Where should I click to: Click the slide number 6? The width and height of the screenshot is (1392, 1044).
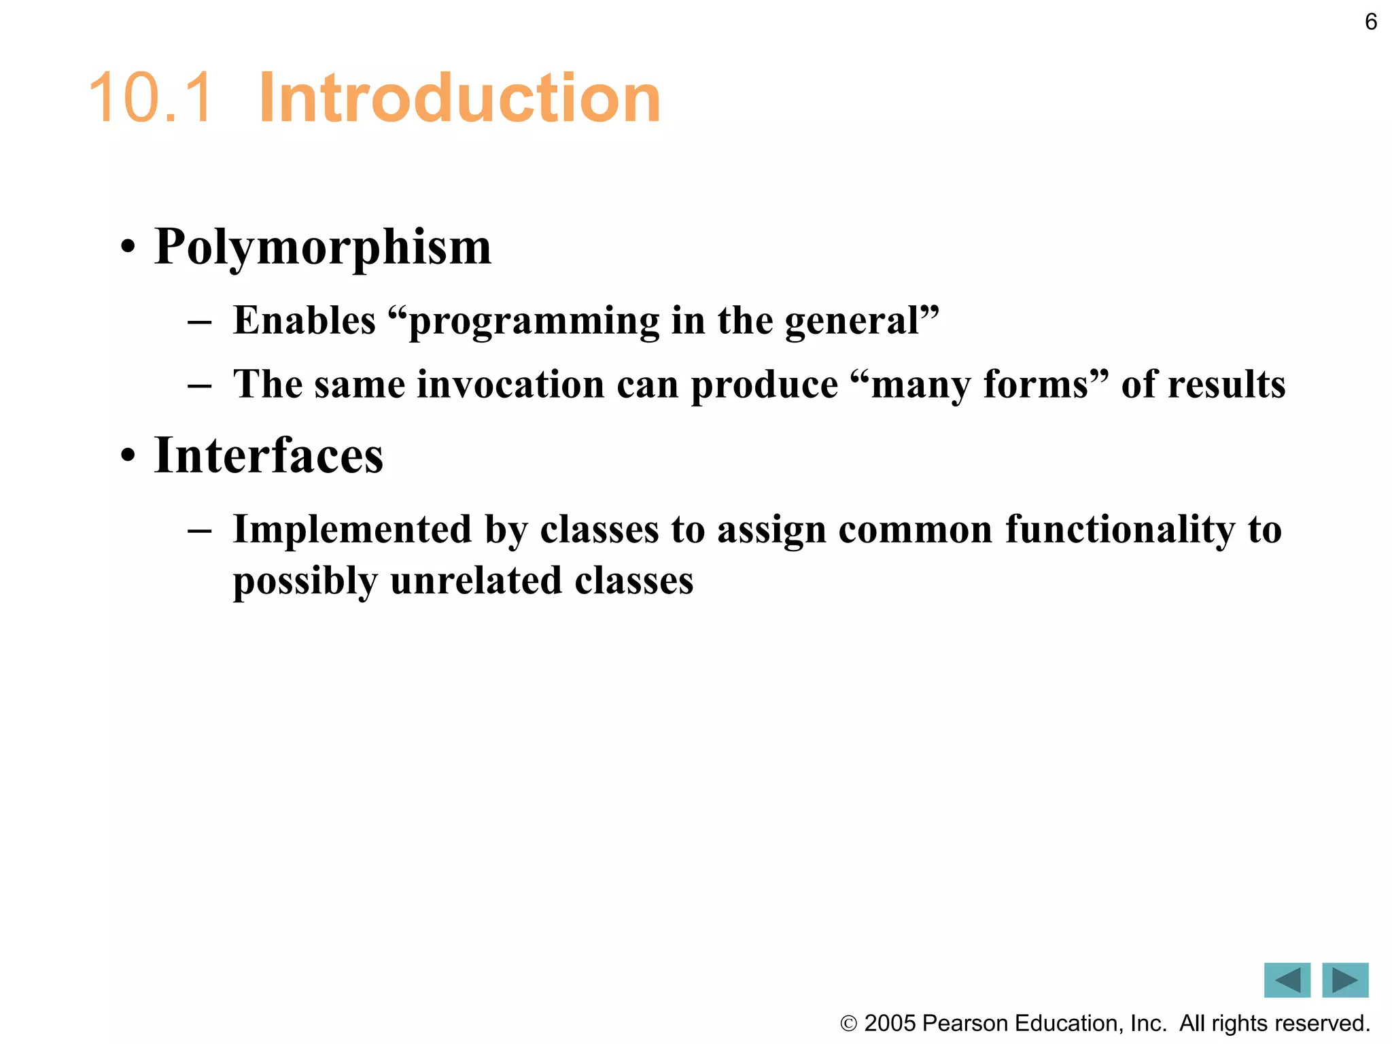pyautogui.click(x=1371, y=22)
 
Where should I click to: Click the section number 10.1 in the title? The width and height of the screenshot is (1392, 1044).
pyautogui.click(x=150, y=99)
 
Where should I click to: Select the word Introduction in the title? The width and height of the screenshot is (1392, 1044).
pyautogui.click(x=459, y=99)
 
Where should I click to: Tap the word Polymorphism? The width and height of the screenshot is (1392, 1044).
pyautogui.click(x=322, y=247)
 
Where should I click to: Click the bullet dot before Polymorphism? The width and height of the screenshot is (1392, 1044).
pyautogui.click(x=128, y=248)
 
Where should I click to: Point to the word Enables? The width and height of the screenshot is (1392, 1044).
pyautogui.click(x=304, y=320)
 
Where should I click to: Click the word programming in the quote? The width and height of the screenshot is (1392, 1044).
pyautogui.click(x=534, y=321)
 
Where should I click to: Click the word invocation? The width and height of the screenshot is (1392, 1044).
pyautogui.click(x=510, y=384)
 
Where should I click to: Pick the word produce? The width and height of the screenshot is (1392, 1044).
pyautogui.click(x=765, y=385)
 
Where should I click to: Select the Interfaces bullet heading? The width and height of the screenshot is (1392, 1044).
pyautogui.click(x=268, y=455)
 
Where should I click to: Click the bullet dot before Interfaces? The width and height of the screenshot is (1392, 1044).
pyautogui.click(x=128, y=457)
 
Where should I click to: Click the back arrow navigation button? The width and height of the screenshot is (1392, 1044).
pyautogui.click(x=1287, y=980)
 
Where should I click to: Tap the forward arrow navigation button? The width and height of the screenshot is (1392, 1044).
pyautogui.click(x=1345, y=980)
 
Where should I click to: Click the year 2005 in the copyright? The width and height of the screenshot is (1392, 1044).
pyautogui.click(x=890, y=1024)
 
